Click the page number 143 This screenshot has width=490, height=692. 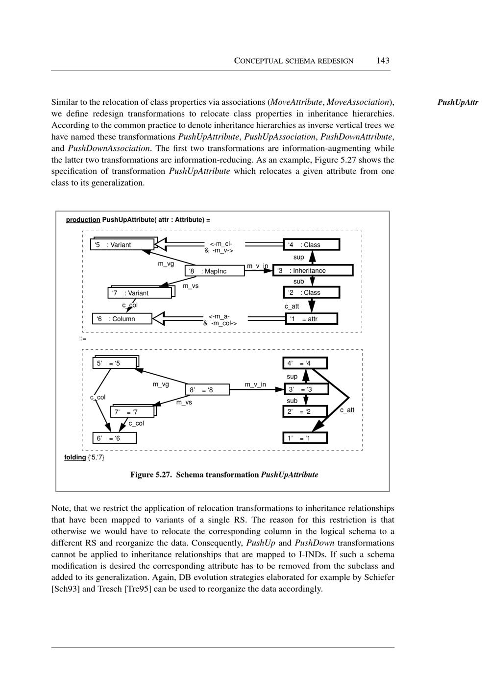[383, 61]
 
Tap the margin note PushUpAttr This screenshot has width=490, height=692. [457, 103]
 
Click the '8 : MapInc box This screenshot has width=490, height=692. [215, 271]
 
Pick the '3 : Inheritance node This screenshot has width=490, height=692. [313, 270]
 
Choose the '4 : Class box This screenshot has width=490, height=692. [312, 245]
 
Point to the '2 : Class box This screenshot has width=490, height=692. [312, 293]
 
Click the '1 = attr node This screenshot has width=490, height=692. [312, 319]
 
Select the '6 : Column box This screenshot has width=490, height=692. [122, 319]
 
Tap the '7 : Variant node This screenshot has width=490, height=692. [140, 293]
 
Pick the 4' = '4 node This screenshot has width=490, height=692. [305, 363]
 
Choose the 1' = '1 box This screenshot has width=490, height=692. [305, 438]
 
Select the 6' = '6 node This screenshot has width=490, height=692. [114, 438]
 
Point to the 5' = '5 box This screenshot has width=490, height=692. [115, 363]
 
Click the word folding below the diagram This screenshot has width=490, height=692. [75, 457]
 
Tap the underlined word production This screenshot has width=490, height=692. [83, 220]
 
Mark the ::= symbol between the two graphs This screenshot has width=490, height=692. [83, 338]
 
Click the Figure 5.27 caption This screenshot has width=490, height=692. [224, 475]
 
